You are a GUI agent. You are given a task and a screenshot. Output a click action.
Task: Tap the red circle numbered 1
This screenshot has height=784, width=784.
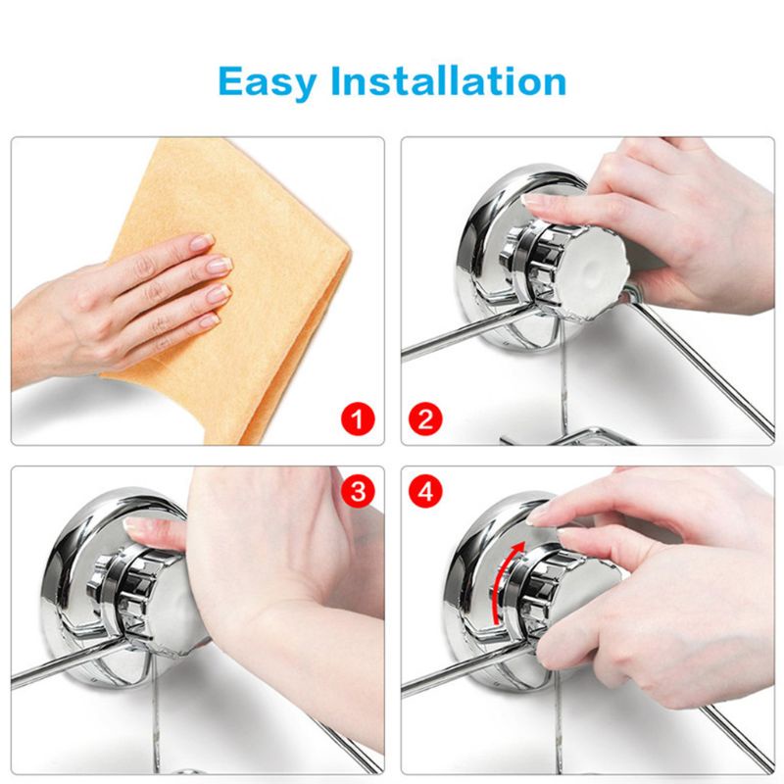[x=361, y=421]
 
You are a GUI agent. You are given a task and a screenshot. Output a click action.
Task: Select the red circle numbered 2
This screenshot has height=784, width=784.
[x=427, y=421]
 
